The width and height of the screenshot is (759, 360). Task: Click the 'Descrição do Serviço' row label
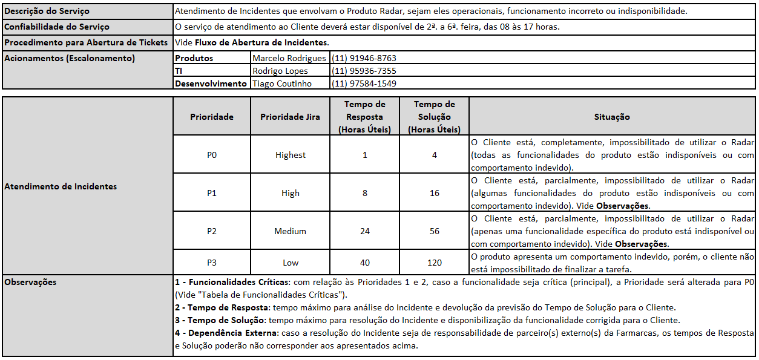coord(47,11)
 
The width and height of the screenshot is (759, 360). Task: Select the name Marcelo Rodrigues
coord(289,59)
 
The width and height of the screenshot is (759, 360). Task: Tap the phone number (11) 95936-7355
coord(364,71)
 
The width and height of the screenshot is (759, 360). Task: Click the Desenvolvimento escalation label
coord(211,83)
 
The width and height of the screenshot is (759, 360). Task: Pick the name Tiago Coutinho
coord(282,83)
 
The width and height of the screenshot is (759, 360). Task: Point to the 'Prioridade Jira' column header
coord(290,117)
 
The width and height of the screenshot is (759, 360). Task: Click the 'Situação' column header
coord(612,117)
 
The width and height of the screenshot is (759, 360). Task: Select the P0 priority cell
coord(211,155)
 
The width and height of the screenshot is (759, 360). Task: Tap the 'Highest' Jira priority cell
coord(290,155)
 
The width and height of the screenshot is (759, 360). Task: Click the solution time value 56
coord(434,231)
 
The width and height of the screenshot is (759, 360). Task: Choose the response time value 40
coord(364,263)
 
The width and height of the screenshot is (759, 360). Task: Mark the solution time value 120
coord(434,263)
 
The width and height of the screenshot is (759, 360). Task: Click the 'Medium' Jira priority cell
coord(290,231)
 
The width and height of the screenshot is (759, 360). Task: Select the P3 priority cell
coord(211,263)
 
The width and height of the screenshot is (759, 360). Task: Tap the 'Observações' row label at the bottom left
coord(30,282)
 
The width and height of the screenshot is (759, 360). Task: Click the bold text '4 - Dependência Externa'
coord(225,333)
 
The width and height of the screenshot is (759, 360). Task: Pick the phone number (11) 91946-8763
coord(364,59)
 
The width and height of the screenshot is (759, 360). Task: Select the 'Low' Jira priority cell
coord(290,263)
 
